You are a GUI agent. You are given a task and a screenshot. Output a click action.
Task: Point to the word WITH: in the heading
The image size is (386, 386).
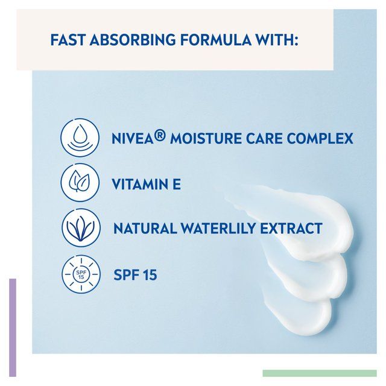pyautogui.click(x=274, y=40)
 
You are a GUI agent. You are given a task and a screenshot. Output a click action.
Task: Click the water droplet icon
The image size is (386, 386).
pyautogui.click(x=80, y=138)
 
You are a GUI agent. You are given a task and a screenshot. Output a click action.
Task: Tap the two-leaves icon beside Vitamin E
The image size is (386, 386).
pyautogui.click(x=80, y=183)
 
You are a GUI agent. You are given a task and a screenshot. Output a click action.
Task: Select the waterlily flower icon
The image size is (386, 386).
pyautogui.click(x=80, y=229)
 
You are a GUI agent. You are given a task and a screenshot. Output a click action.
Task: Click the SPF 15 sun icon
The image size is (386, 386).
pyautogui.click(x=80, y=274)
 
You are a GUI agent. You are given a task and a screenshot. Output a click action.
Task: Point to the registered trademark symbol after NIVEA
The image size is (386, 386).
pyautogui.click(x=160, y=137)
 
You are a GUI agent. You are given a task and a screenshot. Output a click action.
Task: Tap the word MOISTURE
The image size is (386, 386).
pyautogui.click(x=204, y=139)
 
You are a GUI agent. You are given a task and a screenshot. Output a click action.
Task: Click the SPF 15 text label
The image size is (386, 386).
pyautogui.click(x=135, y=275)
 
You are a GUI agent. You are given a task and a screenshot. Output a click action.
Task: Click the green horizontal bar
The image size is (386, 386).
pyautogui.click(x=320, y=373)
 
